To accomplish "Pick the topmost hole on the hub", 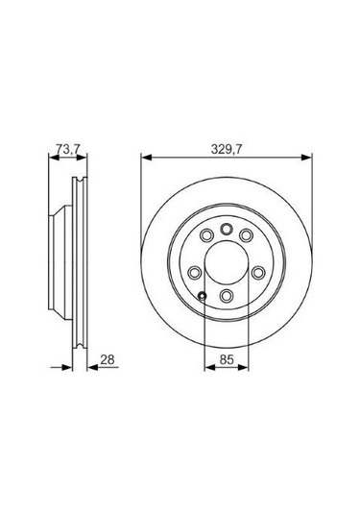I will click(227, 229).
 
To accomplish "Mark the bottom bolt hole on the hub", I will click(227, 296).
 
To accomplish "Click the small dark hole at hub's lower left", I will click(203, 295).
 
